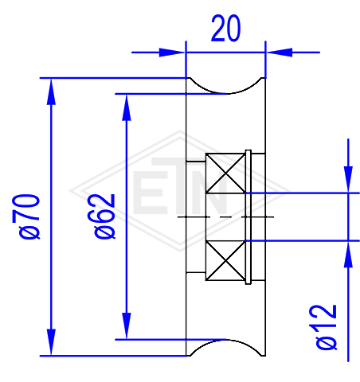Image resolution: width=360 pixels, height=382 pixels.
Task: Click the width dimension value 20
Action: [226, 28]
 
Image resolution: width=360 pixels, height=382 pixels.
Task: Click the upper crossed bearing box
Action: [225, 173]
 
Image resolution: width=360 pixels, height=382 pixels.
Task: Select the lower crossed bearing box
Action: [225, 260]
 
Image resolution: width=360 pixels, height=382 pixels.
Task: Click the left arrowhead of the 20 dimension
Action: [172, 53]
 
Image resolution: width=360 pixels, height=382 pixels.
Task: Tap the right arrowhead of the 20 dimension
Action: [280, 53]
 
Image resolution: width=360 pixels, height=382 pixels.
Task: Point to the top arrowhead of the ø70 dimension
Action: [51, 92]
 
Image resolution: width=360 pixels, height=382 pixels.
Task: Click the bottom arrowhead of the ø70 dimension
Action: [51, 342]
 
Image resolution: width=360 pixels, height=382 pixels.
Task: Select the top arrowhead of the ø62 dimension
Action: [127, 107]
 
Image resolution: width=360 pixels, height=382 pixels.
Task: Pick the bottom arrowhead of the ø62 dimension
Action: [127, 325]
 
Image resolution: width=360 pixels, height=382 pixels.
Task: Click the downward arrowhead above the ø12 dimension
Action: [348, 179]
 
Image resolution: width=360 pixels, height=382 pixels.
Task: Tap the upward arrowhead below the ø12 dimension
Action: [348, 255]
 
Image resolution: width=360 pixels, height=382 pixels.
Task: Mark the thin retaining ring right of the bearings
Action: [248, 217]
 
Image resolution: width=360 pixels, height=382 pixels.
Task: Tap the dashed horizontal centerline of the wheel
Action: [225, 217]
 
